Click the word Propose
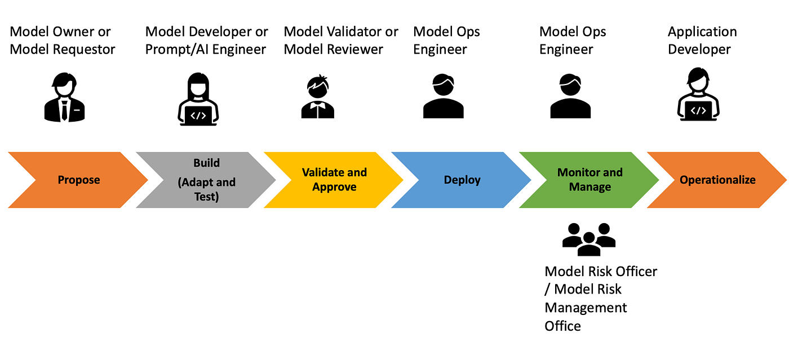tap(79, 180)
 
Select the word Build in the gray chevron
tap(207, 163)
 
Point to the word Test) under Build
tap(207, 197)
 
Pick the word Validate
tap(323, 172)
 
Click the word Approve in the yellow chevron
tap(334, 187)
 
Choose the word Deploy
tap(462, 180)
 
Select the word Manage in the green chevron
tap(590, 187)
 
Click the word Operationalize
tap(717, 180)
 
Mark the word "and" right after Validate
tap(357, 172)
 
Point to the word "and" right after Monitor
tap(613, 172)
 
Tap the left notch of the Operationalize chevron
tap(672, 180)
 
